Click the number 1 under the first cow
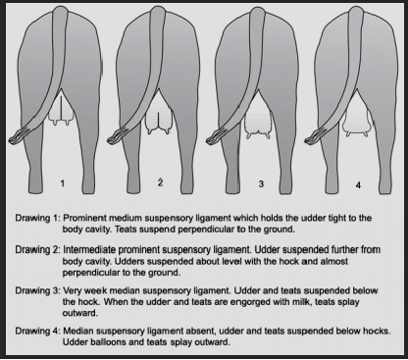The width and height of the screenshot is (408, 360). [x=63, y=183]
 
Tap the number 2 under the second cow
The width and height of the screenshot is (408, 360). [x=160, y=182]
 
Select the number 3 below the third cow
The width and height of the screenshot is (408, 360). [x=261, y=183]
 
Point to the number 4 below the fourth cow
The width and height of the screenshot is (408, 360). [x=358, y=185]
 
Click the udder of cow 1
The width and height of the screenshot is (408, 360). [x=62, y=110]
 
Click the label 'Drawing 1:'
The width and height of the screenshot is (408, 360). [x=37, y=218]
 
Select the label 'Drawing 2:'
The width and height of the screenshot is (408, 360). [x=37, y=250]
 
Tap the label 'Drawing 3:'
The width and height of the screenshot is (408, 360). [x=37, y=290]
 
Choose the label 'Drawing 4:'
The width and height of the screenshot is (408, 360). [x=37, y=331]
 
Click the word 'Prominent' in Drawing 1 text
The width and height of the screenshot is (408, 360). [x=84, y=218]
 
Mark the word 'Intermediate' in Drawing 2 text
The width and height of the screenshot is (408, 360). [x=89, y=250]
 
